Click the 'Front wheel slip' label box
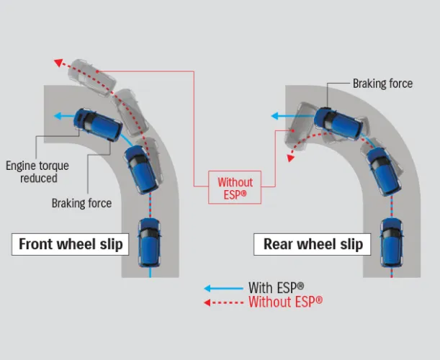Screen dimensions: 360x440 (x=71, y=244)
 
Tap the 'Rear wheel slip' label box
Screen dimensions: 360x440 (x=312, y=244)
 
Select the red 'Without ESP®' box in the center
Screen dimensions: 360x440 (x=235, y=188)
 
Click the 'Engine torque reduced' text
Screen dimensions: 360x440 (x=32, y=171)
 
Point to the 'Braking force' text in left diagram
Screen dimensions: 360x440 (x=81, y=203)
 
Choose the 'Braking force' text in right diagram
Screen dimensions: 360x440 (x=382, y=84)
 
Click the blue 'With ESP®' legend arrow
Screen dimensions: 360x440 (x=223, y=287)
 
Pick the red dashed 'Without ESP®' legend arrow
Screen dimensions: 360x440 (x=223, y=302)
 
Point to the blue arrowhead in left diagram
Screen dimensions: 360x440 (x=57, y=115)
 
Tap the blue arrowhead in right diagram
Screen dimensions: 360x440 (x=274, y=115)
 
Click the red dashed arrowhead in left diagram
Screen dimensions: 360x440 (x=56, y=63)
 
